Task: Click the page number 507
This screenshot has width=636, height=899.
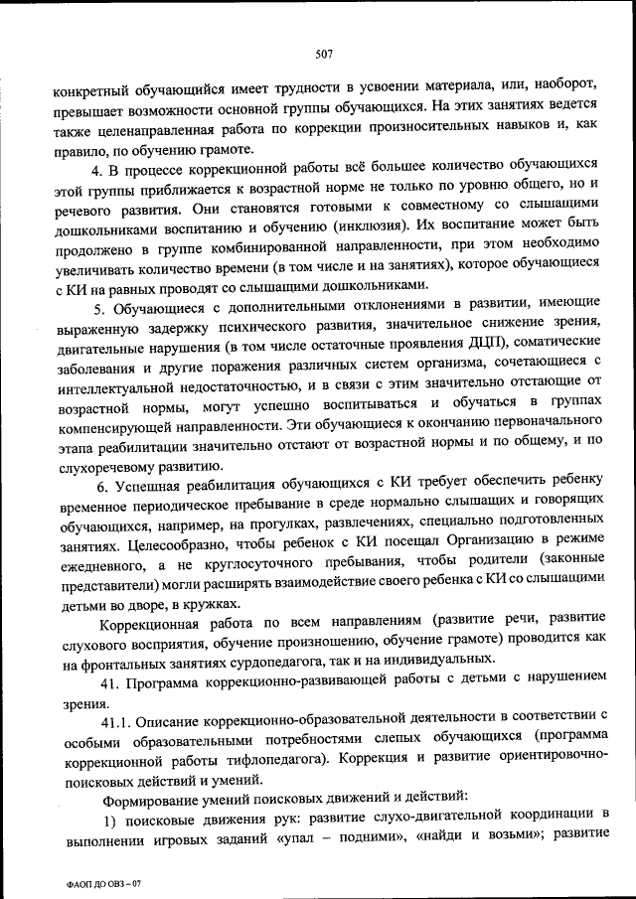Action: pos(324,54)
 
